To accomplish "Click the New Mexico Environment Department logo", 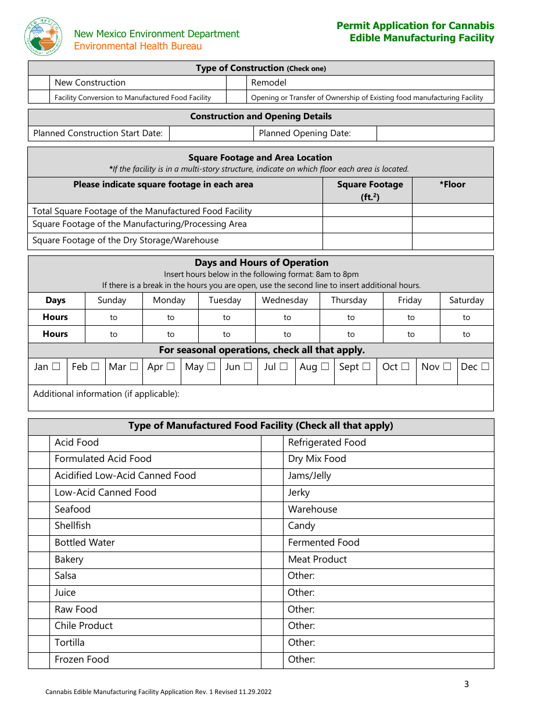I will coord(44,37).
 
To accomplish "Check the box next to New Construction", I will coord(39,83).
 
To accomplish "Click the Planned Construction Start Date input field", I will coord(211,133).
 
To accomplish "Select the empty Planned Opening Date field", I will coord(435,133).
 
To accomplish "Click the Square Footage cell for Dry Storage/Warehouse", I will coord(367,241).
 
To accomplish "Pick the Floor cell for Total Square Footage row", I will coord(453,211).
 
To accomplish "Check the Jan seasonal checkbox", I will coord(56,367).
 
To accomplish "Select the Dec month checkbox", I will coord(485,367).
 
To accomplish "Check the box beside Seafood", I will coord(39,509).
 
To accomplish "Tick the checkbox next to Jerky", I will coord(272,493).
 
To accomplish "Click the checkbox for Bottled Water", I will coord(39,543).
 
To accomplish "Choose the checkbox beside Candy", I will coord(272,526).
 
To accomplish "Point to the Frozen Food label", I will coord(81,659).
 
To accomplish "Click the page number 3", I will coord(466,684).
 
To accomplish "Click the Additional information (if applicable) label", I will coord(106,394).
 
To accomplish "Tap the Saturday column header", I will coord(466,300).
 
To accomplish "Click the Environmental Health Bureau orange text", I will coord(138,46).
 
